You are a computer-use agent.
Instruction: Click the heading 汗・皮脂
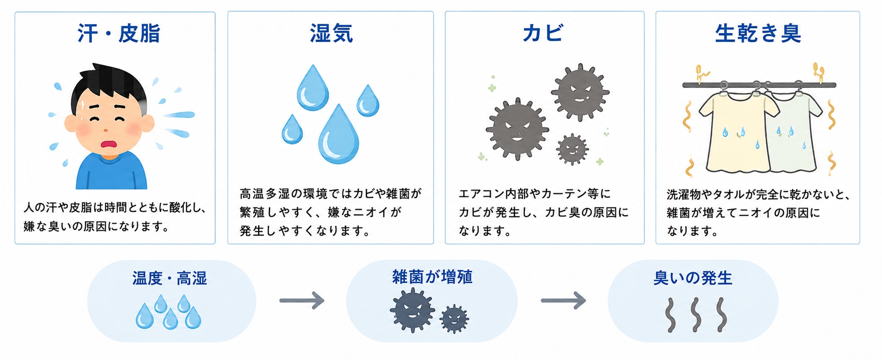click(x=119, y=34)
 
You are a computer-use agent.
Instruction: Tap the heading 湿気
click(x=331, y=34)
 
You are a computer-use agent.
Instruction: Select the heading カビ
click(x=543, y=33)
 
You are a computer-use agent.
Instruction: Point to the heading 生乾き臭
click(x=758, y=34)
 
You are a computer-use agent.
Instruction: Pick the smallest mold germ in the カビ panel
click(x=572, y=149)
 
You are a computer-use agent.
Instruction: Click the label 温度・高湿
click(x=169, y=279)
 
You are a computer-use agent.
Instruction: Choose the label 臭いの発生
click(x=693, y=278)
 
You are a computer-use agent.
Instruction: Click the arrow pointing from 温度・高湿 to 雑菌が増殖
click(x=302, y=300)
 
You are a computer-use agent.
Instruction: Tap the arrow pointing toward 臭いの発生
click(x=563, y=300)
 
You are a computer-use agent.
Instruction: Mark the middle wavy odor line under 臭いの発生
click(x=696, y=315)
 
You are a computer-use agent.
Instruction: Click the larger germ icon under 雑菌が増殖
click(x=412, y=310)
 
